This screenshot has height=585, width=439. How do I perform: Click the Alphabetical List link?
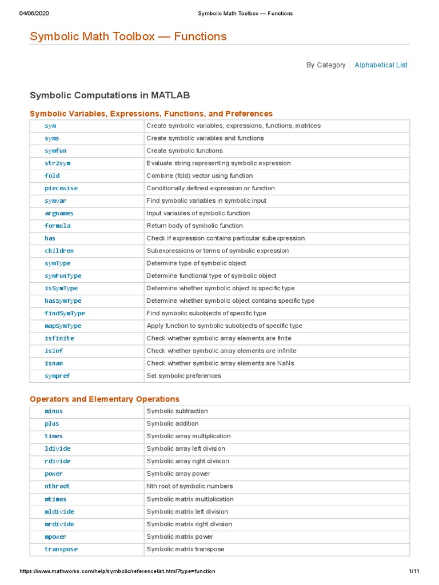coord(381,65)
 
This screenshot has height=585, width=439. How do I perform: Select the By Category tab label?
coord(325,65)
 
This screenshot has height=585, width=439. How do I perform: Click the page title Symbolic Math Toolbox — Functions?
coord(128,37)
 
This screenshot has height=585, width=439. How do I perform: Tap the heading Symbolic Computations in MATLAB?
coord(110,95)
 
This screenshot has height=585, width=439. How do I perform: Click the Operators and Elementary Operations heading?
coord(105,399)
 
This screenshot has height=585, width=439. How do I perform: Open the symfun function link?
coord(54,151)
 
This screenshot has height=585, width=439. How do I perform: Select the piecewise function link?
coord(61,189)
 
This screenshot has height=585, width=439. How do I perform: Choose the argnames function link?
coord(59,213)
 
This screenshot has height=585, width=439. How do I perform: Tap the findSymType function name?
coord(65,314)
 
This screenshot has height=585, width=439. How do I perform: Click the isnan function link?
coord(54,363)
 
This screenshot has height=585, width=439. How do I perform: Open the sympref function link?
coord(57,376)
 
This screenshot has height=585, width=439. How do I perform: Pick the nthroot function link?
coord(57,486)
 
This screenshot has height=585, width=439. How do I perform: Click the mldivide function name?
coord(59,512)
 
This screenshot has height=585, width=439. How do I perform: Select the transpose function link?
coord(61,549)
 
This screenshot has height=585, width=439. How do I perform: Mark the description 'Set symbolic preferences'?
coord(183,376)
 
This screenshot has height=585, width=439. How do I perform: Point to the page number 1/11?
coord(414,571)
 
